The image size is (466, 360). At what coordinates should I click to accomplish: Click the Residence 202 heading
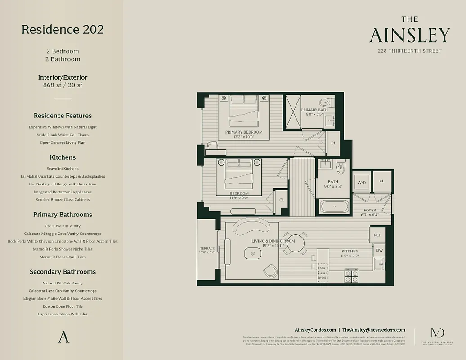pos(63,30)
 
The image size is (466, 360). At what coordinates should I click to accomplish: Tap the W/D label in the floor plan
pos(361,183)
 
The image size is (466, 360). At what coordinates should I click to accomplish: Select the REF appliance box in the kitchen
pos(377,235)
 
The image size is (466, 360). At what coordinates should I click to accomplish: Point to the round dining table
pos(296,243)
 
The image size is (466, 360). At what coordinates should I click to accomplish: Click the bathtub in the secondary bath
pos(334,207)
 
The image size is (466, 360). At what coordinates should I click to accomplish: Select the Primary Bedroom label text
pos(244,132)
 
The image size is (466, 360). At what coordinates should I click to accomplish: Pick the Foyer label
pos(370,210)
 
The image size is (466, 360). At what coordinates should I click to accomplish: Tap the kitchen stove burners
pos(351,276)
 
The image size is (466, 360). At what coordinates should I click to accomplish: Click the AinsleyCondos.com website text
pos(315,330)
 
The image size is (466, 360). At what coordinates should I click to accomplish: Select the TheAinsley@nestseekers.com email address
pos(373,330)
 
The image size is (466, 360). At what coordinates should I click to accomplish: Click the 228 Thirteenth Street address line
pos(409,51)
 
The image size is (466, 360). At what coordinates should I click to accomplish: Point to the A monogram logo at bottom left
pos(63,337)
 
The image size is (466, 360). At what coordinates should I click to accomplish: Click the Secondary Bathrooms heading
pos(63,272)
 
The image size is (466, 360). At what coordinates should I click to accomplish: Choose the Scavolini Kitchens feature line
pos(63,169)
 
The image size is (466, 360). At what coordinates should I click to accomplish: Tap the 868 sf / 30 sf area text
pos(63,85)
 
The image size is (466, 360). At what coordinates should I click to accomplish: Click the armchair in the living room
pos(270,270)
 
